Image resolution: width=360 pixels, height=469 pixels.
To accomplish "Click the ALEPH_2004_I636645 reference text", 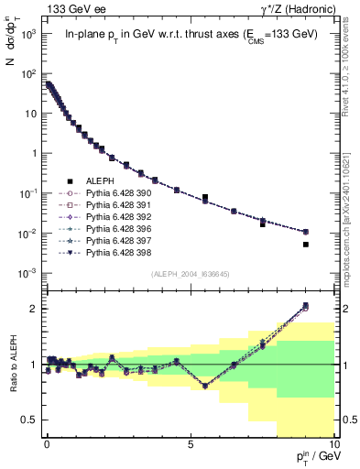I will [189, 273].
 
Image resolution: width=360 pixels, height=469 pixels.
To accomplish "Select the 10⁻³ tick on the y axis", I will [24, 274].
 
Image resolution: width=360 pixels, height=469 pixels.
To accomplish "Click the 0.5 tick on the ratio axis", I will [27, 420].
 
